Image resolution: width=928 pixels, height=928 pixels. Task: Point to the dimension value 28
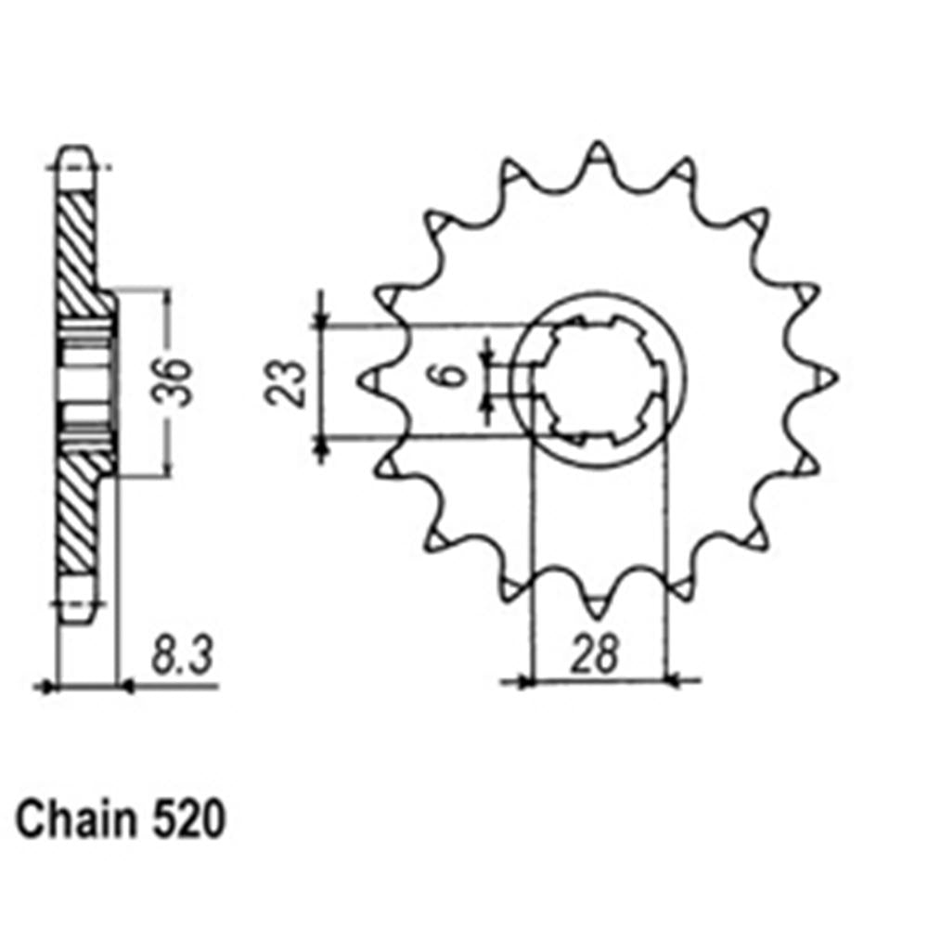pyautogui.click(x=595, y=655)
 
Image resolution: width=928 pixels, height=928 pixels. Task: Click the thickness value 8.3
pyautogui.click(x=180, y=656)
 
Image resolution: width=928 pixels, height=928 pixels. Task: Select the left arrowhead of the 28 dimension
pyautogui.click(x=525, y=682)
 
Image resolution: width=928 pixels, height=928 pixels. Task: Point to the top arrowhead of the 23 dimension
pyautogui.click(x=321, y=319)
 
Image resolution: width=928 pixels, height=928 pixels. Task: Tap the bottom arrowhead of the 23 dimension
pyautogui.click(x=321, y=449)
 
